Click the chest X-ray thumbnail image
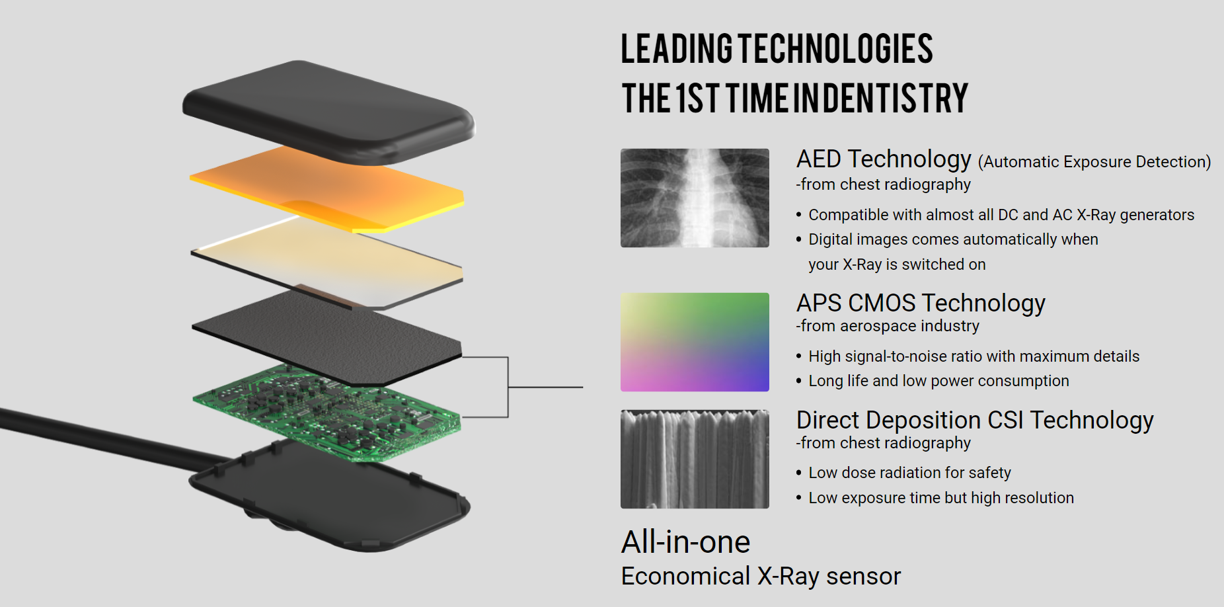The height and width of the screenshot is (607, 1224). pyautogui.click(x=695, y=198)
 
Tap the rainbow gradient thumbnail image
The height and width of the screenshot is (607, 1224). pyautogui.click(x=695, y=342)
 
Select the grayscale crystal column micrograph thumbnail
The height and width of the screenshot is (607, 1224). pyautogui.click(x=695, y=459)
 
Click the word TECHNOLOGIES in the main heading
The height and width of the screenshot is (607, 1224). pyautogui.click(x=835, y=49)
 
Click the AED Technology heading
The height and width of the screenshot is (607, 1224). pyautogui.click(x=884, y=159)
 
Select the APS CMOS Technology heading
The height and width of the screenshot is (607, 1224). pyautogui.click(x=921, y=303)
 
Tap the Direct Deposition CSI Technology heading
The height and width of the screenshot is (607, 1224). pyautogui.click(x=975, y=421)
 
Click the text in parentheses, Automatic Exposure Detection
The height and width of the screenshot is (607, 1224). pyautogui.click(x=1094, y=162)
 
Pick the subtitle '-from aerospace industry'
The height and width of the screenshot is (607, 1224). pyautogui.click(x=888, y=326)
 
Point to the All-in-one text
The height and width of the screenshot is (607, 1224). pyautogui.click(x=686, y=542)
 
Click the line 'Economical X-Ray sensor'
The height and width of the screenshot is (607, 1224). pyautogui.click(x=761, y=577)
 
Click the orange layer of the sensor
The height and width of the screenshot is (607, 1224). pyautogui.click(x=326, y=188)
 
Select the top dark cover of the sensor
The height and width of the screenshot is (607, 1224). pyautogui.click(x=328, y=111)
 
